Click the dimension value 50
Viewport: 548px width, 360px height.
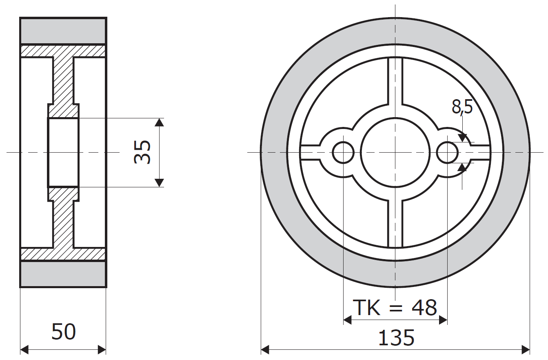[x=64, y=332]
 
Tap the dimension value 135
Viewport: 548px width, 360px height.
[x=396, y=338]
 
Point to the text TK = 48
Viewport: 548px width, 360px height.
[x=395, y=308]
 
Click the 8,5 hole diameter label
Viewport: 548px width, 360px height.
[x=462, y=107]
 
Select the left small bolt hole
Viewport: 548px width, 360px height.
[x=343, y=153]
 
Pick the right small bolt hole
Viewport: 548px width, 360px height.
[x=447, y=153]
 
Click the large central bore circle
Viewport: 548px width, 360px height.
[x=395, y=152]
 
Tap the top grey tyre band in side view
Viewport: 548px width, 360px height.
[x=63, y=31]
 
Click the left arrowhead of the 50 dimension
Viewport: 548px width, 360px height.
[x=24, y=349]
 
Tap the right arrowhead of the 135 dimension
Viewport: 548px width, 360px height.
[x=526, y=349]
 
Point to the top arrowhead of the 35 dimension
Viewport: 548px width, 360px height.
[x=160, y=122]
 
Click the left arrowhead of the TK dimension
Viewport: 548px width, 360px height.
[x=347, y=320]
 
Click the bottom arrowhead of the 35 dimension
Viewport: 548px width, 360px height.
[x=160, y=183]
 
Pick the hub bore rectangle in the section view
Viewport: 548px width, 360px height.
[x=63, y=152]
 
